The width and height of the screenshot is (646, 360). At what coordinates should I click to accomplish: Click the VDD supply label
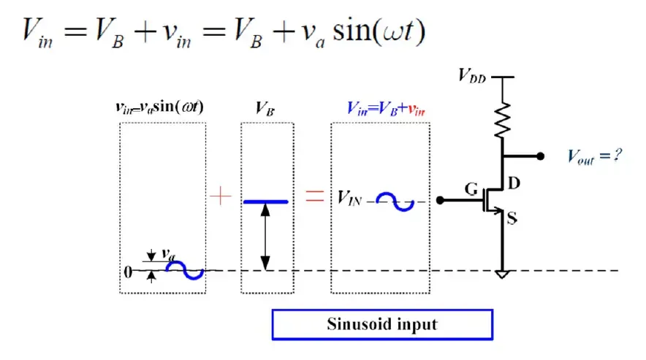click(x=472, y=76)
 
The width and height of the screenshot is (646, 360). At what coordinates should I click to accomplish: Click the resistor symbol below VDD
click(x=502, y=120)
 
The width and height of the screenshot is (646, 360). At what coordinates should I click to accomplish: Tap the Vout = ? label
click(x=594, y=156)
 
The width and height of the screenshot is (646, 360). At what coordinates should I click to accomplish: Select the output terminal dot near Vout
click(x=541, y=156)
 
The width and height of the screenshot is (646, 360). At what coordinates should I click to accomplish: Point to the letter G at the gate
click(x=471, y=189)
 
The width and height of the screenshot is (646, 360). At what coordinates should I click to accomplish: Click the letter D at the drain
click(x=514, y=183)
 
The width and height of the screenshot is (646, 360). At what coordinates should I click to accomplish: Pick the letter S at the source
click(x=512, y=218)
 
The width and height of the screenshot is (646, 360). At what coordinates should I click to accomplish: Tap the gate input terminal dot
click(x=440, y=200)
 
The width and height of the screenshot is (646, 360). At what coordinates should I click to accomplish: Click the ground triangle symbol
click(x=502, y=274)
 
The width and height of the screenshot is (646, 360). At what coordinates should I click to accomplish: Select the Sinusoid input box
click(x=382, y=324)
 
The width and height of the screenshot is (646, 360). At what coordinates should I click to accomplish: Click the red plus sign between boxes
click(x=221, y=196)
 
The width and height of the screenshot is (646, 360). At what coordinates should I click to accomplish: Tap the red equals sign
click(x=315, y=196)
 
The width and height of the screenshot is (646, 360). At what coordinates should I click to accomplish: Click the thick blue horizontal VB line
click(x=266, y=202)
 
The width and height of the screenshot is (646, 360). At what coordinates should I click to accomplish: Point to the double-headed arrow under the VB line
click(x=265, y=237)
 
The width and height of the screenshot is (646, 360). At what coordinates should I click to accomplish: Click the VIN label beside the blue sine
click(x=349, y=198)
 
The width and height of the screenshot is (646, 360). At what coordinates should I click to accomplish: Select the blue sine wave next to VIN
click(x=395, y=202)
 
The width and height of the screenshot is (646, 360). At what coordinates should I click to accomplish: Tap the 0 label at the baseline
click(x=128, y=272)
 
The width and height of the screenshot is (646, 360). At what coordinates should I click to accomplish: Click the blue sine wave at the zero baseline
click(x=185, y=270)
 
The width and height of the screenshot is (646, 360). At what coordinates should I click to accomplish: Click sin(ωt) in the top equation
click(x=379, y=31)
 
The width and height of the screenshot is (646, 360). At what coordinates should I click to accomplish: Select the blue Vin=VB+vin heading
click(x=385, y=109)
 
